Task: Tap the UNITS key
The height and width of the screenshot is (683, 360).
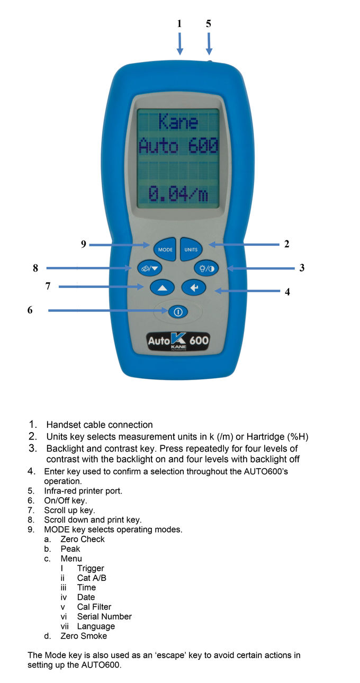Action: (191, 249)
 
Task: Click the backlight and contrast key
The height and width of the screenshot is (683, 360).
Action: (206, 268)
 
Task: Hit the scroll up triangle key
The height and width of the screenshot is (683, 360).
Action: (162, 287)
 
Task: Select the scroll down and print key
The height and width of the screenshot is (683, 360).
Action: (150, 268)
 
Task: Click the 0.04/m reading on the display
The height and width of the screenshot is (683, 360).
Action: (178, 194)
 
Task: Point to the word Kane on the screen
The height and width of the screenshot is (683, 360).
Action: (178, 122)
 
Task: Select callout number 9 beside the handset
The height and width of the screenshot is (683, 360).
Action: (84, 244)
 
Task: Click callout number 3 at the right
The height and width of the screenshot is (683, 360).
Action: (302, 268)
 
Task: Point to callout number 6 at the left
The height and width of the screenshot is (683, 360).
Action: (30, 310)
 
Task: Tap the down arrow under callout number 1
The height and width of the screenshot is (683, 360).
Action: (180, 44)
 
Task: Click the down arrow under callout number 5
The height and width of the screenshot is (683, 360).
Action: (209, 44)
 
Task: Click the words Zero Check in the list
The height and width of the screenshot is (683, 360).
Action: (82, 539)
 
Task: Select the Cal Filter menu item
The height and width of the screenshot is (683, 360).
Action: (94, 607)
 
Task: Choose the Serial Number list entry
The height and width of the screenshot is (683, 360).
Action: (104, 616)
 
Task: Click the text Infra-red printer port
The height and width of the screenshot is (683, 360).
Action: (83, 491)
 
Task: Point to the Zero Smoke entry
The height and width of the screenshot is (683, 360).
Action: (84, 636)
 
